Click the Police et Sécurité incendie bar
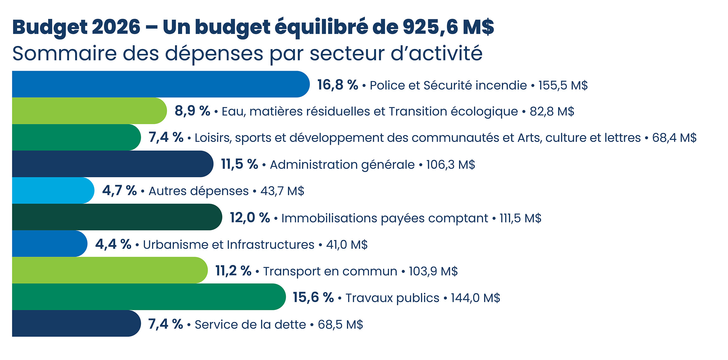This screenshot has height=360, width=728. tap(158, 84)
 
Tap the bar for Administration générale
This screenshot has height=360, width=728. tap(111, 164)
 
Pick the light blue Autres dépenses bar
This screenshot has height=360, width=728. tap(52, 190)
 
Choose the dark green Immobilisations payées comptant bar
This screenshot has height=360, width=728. tap(116, 217)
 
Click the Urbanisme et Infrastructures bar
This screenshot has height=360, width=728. tap(49, 244)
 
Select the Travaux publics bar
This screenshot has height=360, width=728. tap(147, 297)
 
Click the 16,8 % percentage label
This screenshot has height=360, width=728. tap(338, 85)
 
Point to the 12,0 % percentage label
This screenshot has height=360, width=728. tap(250, 218)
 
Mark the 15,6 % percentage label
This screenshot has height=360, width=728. tap(313, 298)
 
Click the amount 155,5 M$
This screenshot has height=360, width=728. tap(563, 86)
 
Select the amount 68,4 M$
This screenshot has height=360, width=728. tap(674, 138)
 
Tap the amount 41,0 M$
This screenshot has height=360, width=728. tap(347, 245)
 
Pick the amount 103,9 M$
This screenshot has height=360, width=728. tap(433, 272)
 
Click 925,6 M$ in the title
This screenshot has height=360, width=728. tap(448, 27)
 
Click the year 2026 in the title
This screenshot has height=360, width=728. tap(116, 27)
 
